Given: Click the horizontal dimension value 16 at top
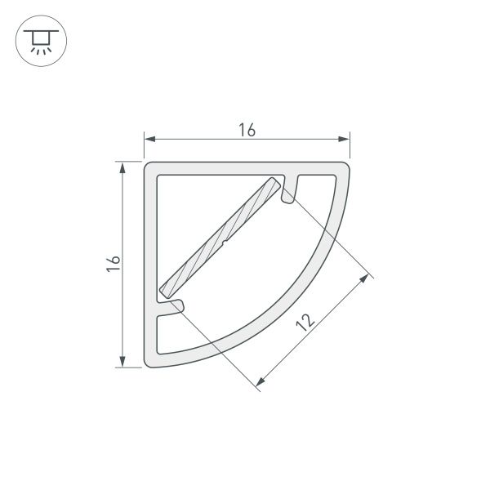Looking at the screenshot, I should coord(247,129).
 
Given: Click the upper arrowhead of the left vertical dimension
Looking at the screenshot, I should coord(122,167).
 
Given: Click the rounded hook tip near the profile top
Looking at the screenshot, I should coord(287,197).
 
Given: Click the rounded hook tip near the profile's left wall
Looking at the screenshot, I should coord(177,305).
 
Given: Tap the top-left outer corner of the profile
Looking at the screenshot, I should coord(149,166).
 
